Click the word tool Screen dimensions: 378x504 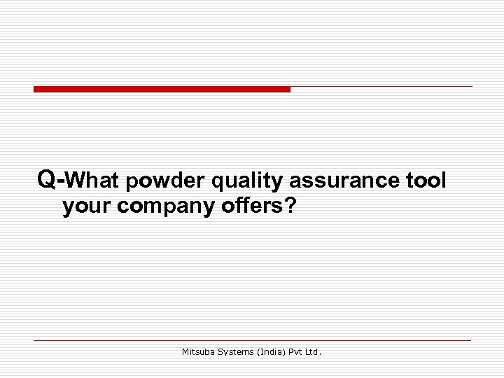coord(426,181)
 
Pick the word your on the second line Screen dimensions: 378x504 coord(87,208)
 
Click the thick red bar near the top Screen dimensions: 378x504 coord(162,90)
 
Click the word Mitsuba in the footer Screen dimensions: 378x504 coord(198,353)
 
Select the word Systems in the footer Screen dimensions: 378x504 coord(237,353)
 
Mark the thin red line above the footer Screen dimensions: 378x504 coord(252,341)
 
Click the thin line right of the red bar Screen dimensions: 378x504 coord(381,87)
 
